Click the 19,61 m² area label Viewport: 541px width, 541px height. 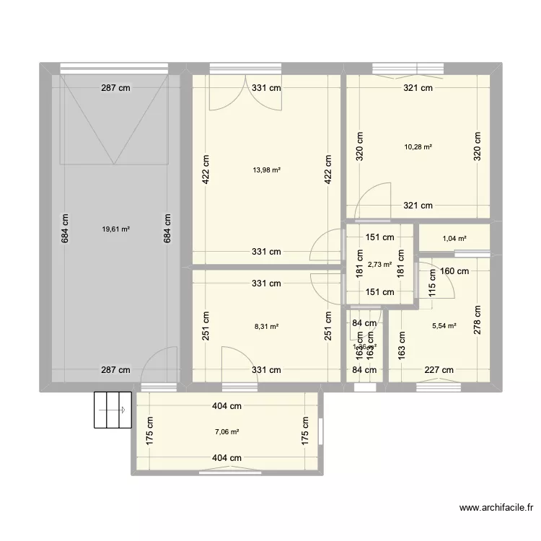(x=115, y=229)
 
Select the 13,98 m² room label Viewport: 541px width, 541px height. (x=266, y=170)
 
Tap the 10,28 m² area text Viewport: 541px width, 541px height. (x=418, y=146)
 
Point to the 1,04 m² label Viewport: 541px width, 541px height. (x=454, y=239)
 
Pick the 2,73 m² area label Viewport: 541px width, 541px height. (x=379, y=264)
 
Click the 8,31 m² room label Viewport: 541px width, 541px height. (x=266, y=326)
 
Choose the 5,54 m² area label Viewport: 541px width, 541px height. (x=444, y=326)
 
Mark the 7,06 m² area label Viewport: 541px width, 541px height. (x=226, y=432)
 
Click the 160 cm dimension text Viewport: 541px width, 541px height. (x=454, y=271)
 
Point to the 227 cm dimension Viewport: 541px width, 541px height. (x=439, y=370)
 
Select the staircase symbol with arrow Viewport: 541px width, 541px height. (x=113, y=409)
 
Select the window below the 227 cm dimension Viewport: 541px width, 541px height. (x=438, y=387)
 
